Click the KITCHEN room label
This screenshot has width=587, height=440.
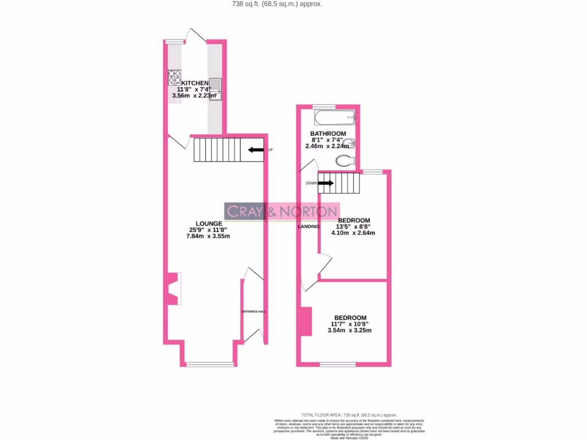[195, 83]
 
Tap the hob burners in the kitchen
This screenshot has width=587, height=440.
[175, 77]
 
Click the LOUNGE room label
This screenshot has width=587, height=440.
[209, 223]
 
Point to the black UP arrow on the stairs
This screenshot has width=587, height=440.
[256, 150]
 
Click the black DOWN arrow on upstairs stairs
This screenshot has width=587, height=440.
[326, 183]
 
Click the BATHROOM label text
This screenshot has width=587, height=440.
[328, 133]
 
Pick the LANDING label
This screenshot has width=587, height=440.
[308, 227]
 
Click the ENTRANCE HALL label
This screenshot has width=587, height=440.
[253, 312]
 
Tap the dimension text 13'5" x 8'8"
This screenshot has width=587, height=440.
[354, 227]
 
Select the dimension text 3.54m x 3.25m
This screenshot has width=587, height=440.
[349, 331]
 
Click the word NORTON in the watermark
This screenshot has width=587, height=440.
[310, 211]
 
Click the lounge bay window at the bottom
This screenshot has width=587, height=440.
[210, 364]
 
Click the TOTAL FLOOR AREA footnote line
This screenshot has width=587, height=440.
[349, 415]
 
